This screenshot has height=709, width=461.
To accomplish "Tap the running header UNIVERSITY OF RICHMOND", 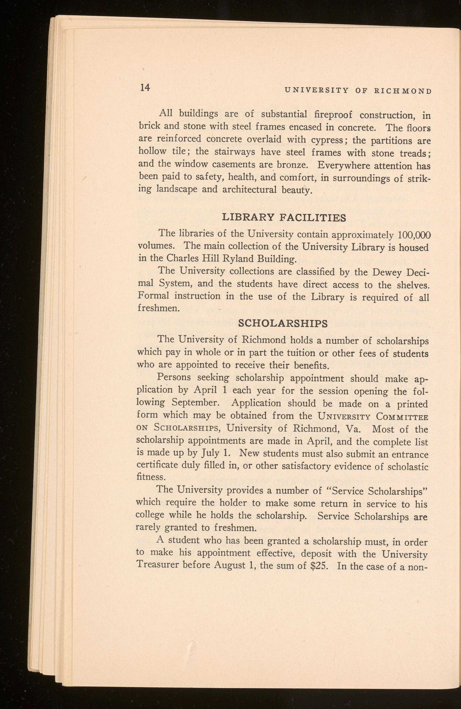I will [x=358, y=91].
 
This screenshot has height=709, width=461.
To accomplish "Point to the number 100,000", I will [x=414, y=235].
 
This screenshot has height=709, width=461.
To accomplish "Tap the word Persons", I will [x=174, y=377].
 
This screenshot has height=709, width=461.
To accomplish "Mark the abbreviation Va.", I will [x=353, y=429].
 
